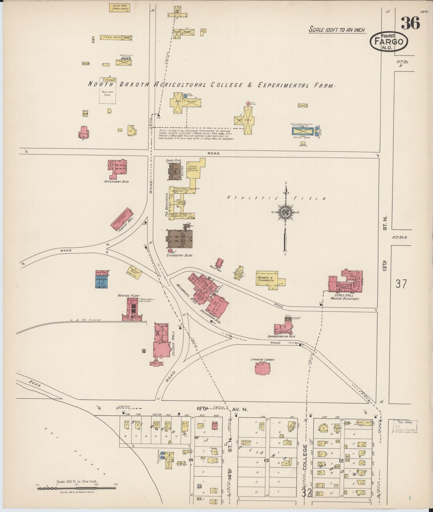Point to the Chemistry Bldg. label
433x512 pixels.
[x=179, y=255]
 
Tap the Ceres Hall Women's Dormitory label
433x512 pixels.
[x=344, y=297]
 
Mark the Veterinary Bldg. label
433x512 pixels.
[x=117, y=181]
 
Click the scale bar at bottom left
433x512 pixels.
[x=76, y=488]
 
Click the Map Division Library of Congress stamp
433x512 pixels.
[x=405, y=426]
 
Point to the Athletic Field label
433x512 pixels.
[x=276, y=198]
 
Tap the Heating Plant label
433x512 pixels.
[x=129, y=296]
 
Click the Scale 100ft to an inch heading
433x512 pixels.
[x=337, y=30]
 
